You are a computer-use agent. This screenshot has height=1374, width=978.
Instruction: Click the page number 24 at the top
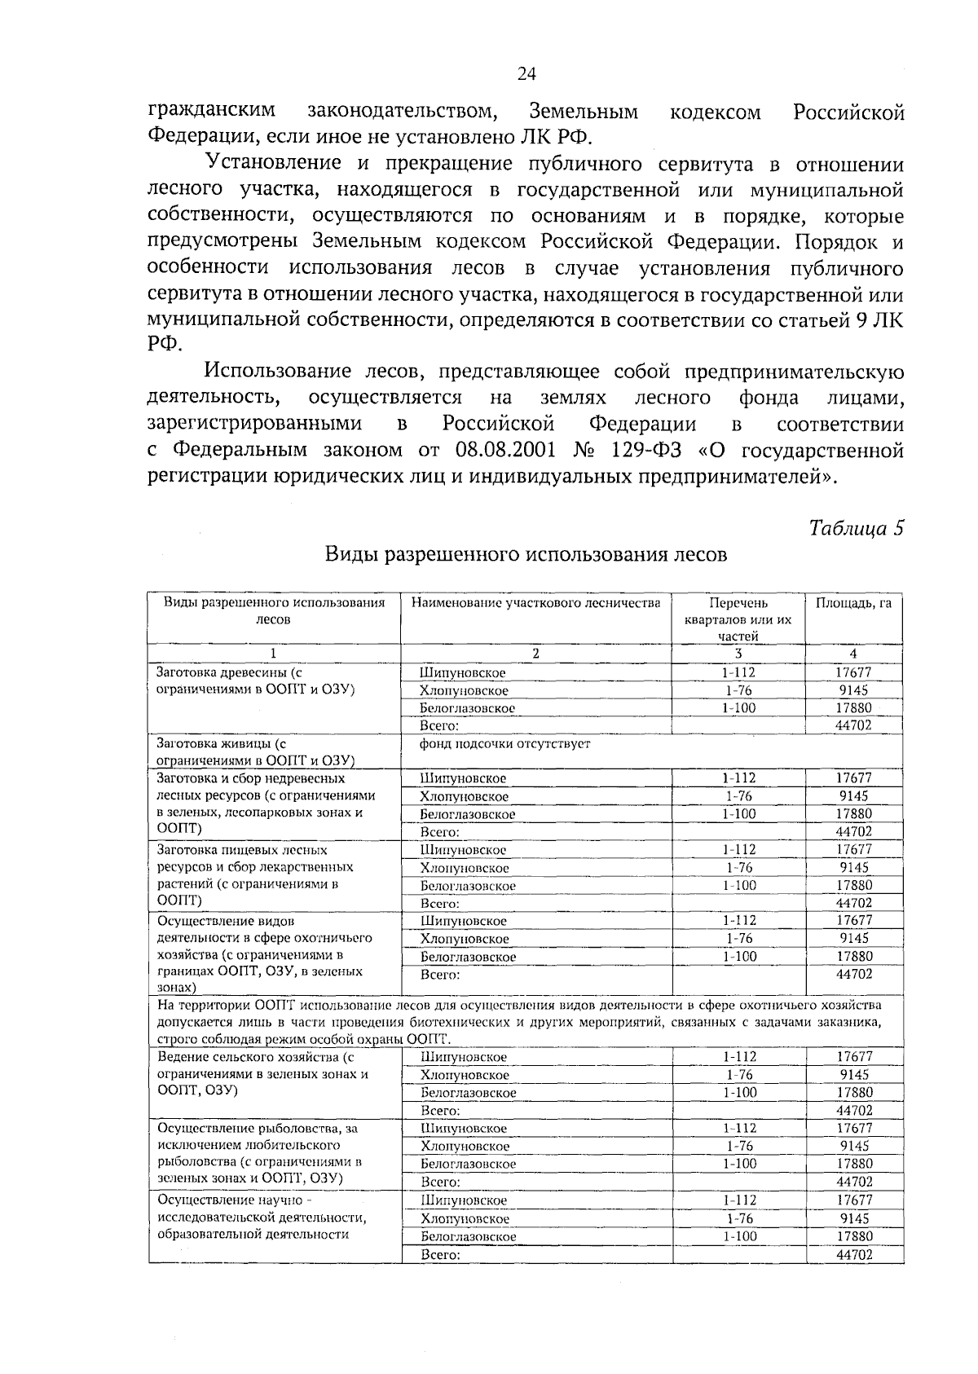[x=526, y=74]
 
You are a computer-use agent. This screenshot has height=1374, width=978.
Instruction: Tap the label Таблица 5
[x=857, y=528]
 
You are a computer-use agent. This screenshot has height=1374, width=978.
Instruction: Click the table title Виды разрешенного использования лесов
[x=526, y=555]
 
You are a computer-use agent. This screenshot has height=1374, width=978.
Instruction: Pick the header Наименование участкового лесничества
[x=535, y=603]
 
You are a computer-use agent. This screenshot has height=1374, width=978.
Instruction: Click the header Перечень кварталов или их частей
[x=738, y=619]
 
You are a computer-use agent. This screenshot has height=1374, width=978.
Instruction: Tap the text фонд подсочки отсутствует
[x=505, y=743]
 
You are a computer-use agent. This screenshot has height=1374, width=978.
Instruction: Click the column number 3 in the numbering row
[x=738, y=654]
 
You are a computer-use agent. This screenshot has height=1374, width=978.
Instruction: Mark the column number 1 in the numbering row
[x=273, y=654]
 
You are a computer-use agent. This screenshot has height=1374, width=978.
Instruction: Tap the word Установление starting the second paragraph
[x=274, y=164]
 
